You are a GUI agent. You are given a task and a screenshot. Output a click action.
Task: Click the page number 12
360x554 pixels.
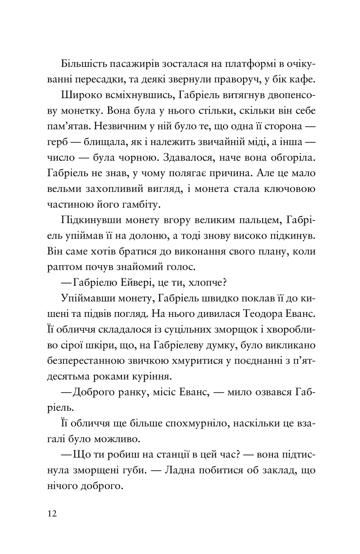point(52,513)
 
